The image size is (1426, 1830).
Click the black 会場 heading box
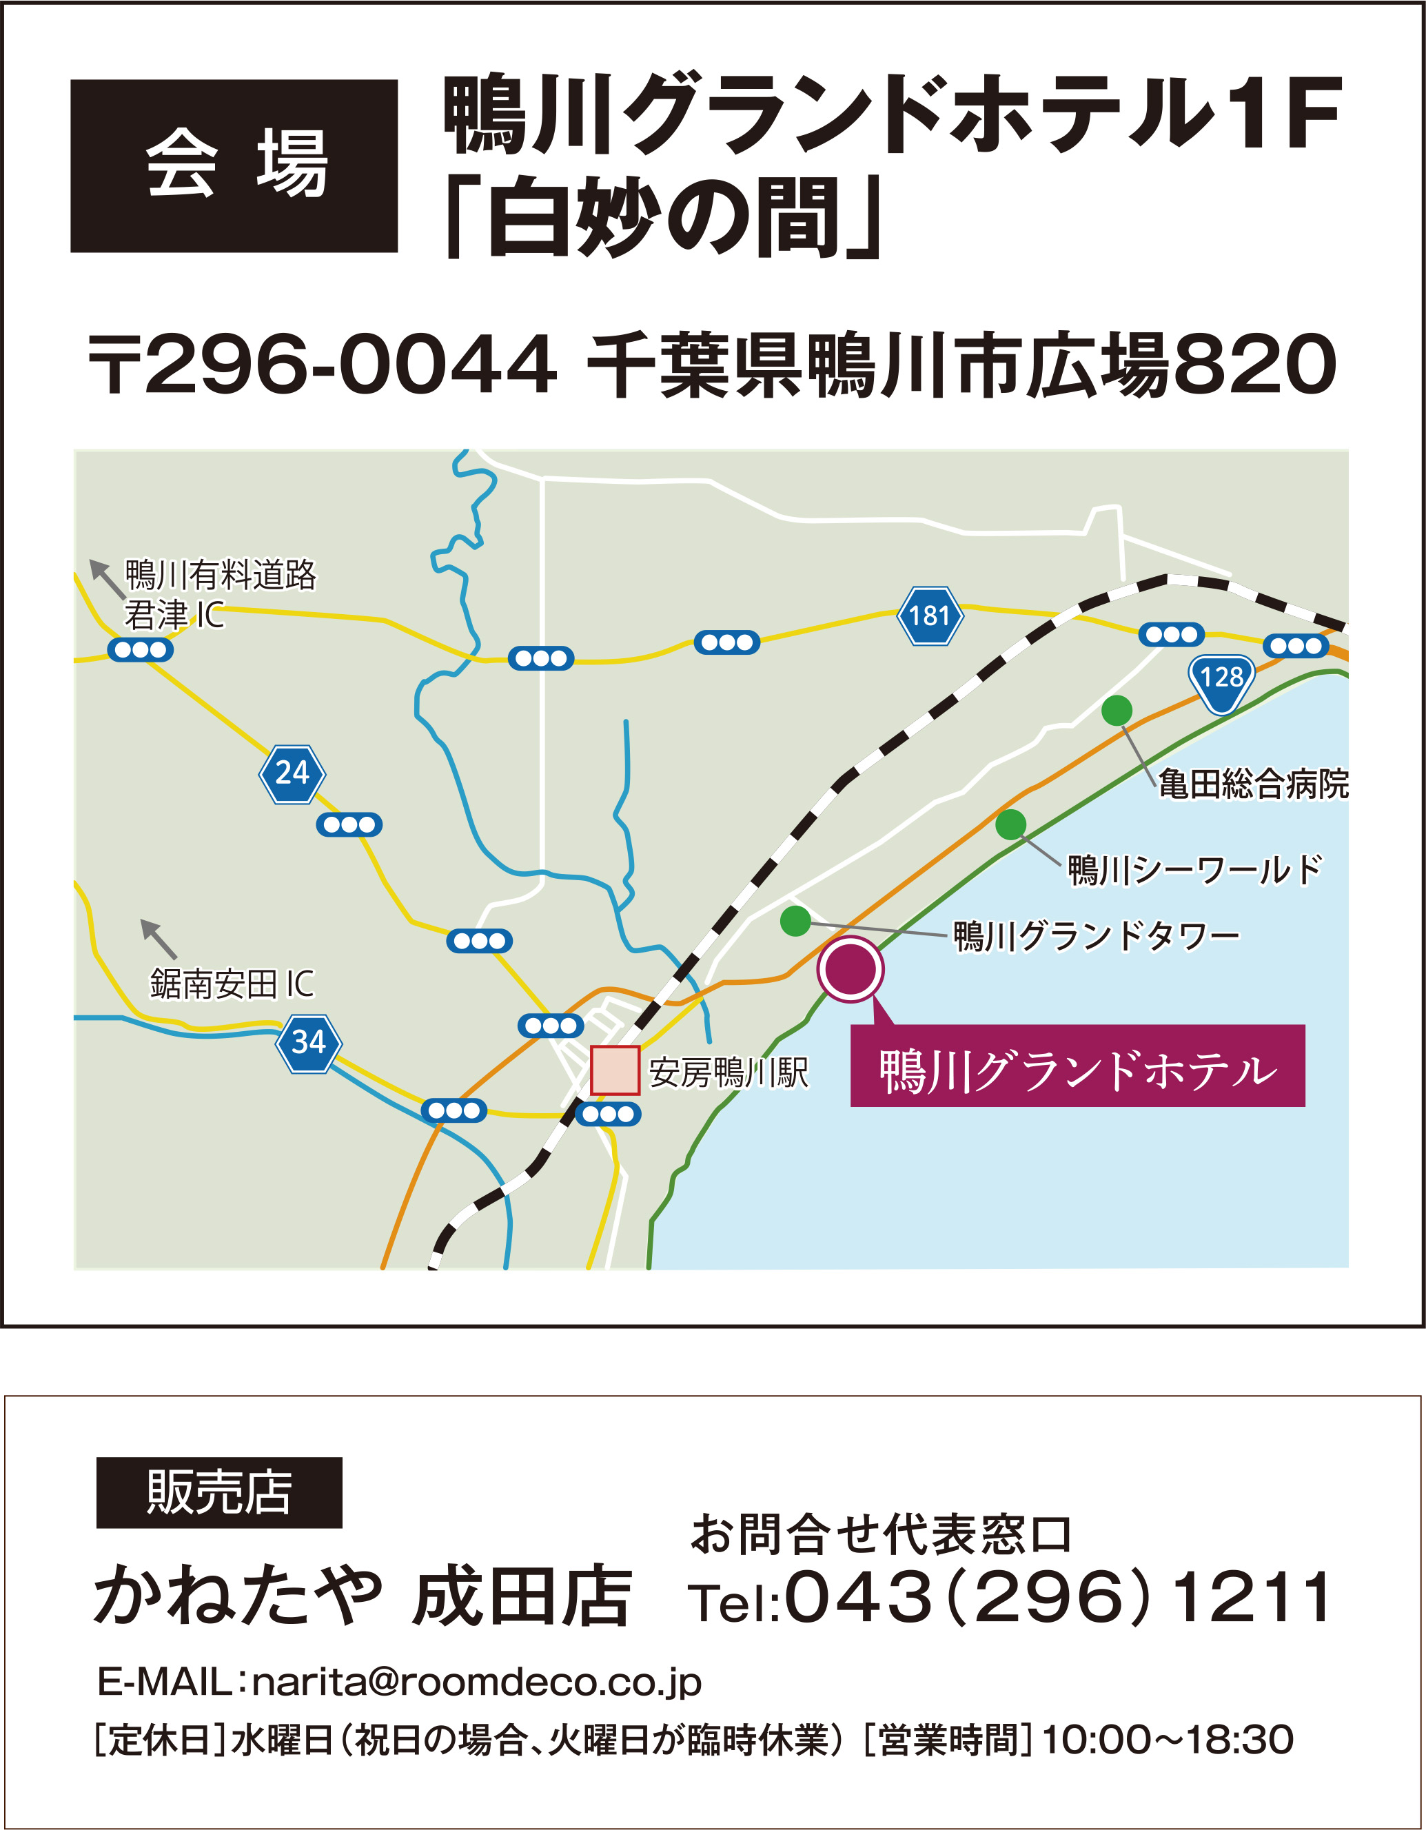click(x=234, y=166)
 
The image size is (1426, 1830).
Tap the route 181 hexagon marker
click(x=930, y=616)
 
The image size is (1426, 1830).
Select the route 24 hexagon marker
click(x=292, y=773)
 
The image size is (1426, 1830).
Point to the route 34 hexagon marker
click(x=308, y=1043)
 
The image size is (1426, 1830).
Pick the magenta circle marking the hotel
click(x=850, y=968)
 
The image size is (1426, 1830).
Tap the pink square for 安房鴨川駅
click(x=615, y=1070)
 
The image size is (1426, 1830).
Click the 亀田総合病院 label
click(x=1252, y=784)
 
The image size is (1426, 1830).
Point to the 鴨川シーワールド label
click(x=1194, y=870)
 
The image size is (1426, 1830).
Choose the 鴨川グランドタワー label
click(x=1096, y=935)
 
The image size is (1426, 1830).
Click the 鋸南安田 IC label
click(x=232, y=984)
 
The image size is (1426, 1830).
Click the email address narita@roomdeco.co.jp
click(x=476, y=1682)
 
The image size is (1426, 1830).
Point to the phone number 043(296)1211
click(x=1057, y=1596)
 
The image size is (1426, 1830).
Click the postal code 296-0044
click(x=350, y=365)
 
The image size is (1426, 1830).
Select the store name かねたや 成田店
click(x=363, y=1596)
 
